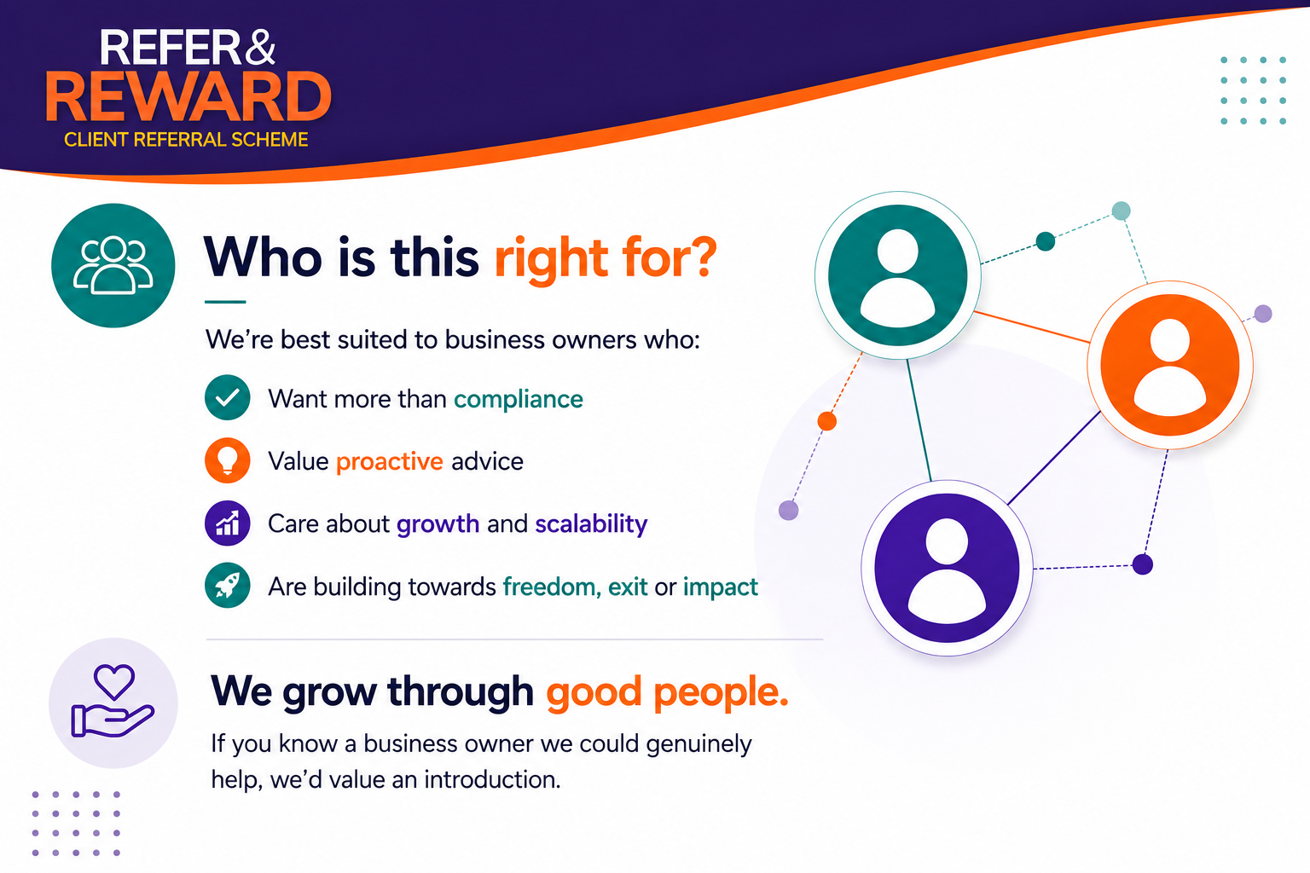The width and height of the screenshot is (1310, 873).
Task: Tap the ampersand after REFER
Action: click(259, 48)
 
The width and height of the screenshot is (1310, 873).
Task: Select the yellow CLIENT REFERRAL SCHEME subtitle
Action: click(186, 140)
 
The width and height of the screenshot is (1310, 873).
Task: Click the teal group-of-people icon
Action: click(113, 265)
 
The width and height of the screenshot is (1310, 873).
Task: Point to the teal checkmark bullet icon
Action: click(228, 397)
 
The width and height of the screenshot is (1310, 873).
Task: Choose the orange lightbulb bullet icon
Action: click(228, 460)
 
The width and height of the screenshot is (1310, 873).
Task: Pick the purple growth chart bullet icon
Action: click(228, 523)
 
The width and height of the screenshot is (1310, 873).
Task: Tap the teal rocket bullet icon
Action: click(228, 586)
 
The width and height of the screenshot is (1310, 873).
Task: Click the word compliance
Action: click(519, 400)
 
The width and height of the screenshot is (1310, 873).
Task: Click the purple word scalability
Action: click(591, 524)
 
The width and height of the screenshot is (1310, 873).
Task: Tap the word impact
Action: click(721, 587)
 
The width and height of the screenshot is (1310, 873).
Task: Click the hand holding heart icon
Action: click(113, 702)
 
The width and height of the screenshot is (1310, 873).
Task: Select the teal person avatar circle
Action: click(898, 275)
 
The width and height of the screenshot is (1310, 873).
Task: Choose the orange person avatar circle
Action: click(1169, 365)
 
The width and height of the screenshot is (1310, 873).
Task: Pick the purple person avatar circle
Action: click(947, 568)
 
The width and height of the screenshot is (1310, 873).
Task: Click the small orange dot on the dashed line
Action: click(827, 421)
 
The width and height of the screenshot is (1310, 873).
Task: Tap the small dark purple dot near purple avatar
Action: click(1142, 565)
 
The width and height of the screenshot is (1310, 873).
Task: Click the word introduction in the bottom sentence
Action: click(491, 779)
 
